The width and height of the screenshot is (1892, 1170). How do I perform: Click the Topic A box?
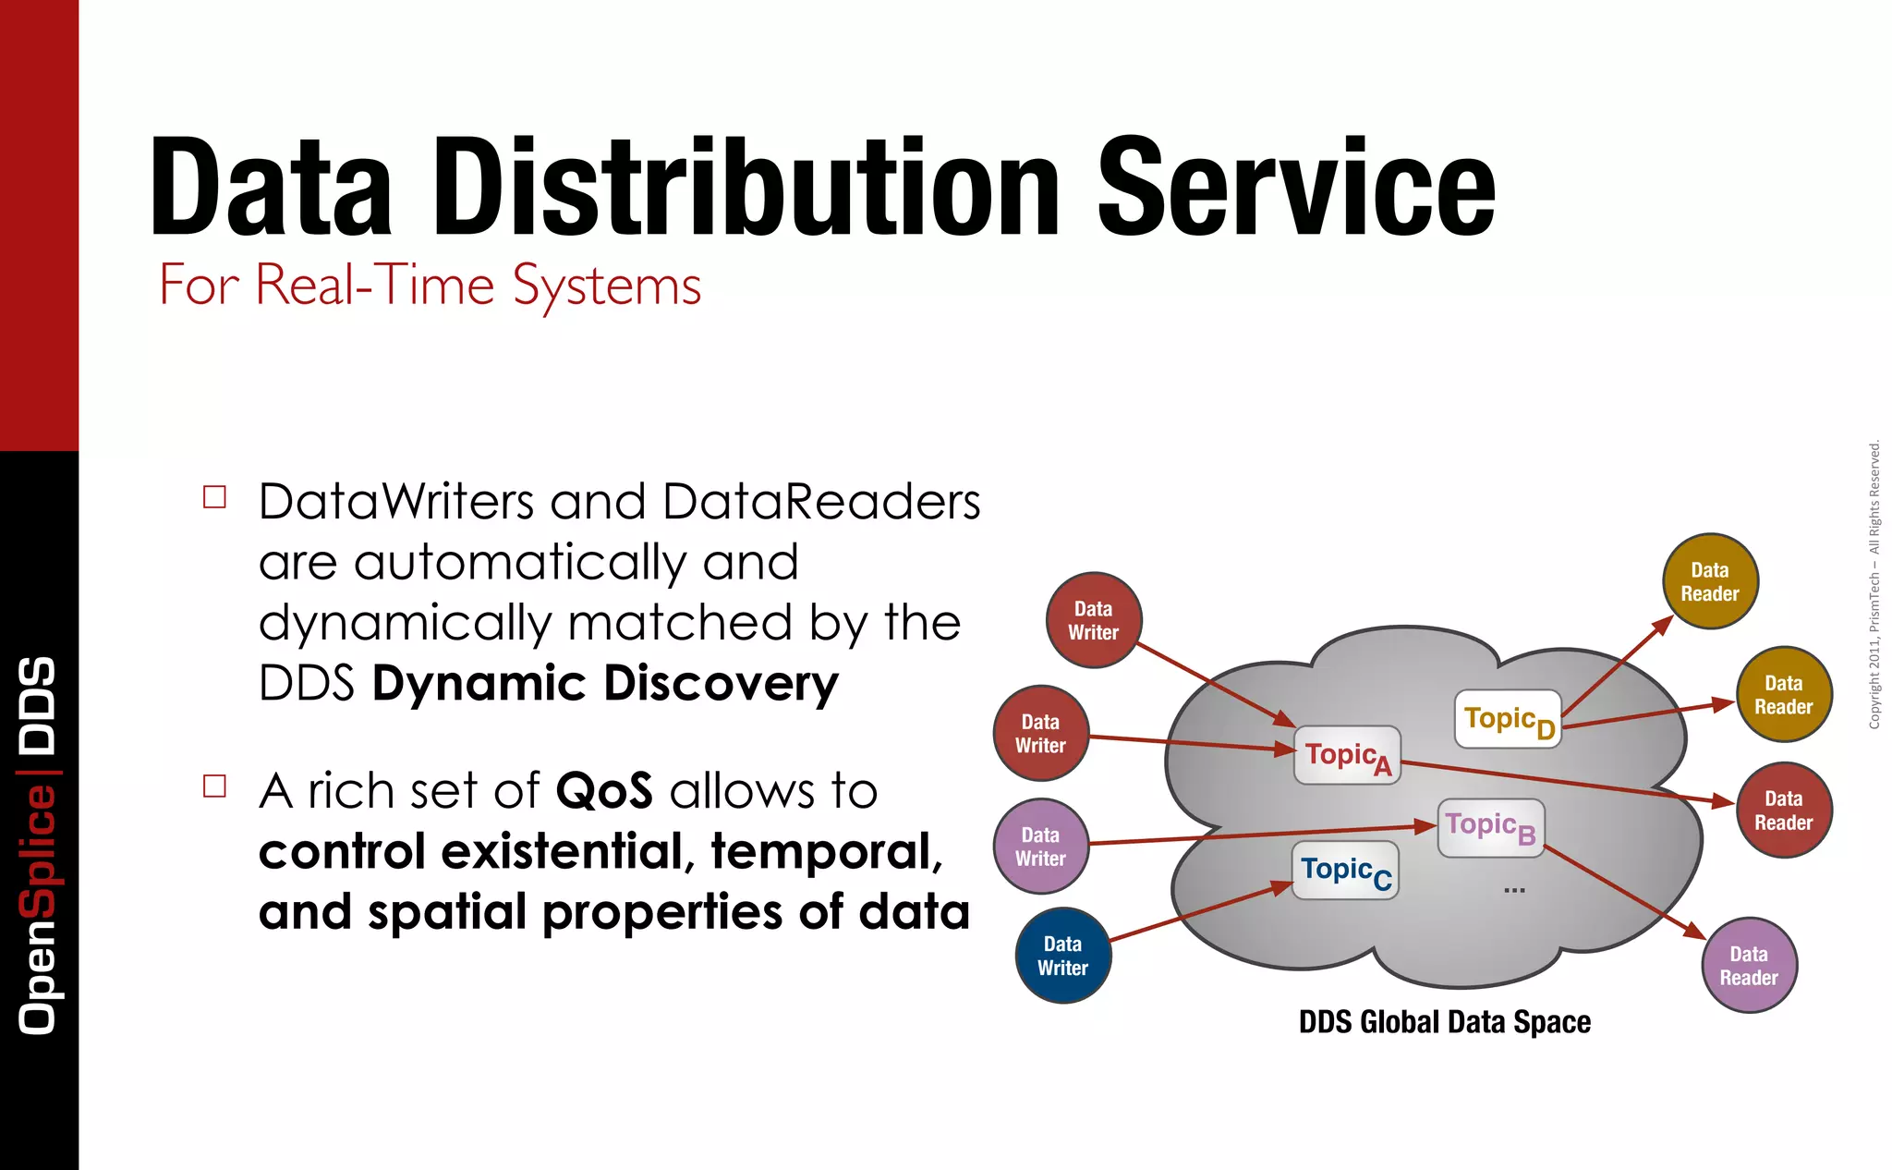point(1346,755)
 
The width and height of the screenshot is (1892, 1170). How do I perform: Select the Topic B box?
point(1490,827)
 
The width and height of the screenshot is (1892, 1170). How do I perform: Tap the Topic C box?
point(1344,871)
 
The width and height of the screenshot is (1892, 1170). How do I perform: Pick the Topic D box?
point(1507,719)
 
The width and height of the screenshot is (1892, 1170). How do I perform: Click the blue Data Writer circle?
point(1062,956)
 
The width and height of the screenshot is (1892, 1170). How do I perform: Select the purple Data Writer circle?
point(1040,846)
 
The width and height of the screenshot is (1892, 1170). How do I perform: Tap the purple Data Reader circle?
point(1748,965)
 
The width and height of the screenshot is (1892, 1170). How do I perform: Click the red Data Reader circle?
point(1783,810)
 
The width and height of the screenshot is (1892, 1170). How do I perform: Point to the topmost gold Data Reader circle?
point(1709,581)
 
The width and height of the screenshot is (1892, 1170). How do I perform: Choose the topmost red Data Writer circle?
point(1093,620)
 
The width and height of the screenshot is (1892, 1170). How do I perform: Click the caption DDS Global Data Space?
point(1444,1022)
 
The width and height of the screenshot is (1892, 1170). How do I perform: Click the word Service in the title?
point(1295,188)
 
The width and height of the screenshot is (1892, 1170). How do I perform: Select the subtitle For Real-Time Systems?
point(430,285)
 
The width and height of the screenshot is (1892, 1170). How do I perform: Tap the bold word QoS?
point(603,791)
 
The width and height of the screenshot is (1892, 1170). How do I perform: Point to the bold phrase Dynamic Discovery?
point(605,684)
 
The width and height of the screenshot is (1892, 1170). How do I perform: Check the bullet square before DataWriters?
point(214,497)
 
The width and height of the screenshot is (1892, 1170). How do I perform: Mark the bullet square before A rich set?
point(214,786)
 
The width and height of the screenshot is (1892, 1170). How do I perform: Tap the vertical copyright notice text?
point(1874,584)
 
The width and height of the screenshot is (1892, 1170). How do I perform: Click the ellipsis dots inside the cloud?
point(1514,890)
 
